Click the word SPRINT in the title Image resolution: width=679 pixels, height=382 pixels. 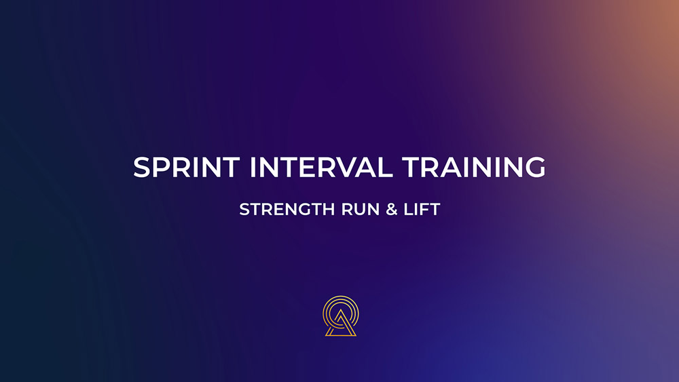tap(186, 167)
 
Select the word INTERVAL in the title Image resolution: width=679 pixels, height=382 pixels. tap(321, 167)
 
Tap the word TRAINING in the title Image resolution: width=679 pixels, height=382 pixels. tap(474, 167)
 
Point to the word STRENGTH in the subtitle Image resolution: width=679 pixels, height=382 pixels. tap(287, 210)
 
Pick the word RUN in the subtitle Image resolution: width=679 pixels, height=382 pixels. tap(361, 210)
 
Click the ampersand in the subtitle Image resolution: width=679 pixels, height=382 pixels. tap(392, 210)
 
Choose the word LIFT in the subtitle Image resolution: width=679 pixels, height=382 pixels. tap(422, 210)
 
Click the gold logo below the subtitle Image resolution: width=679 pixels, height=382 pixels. tap(341, 316)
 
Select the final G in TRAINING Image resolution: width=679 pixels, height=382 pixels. tap(535, 167)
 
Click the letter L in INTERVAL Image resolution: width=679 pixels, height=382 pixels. tap(386, 167)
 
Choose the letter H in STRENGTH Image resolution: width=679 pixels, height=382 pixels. tap(329, 210)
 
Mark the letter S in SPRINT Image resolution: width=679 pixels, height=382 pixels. tap(142, 167)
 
